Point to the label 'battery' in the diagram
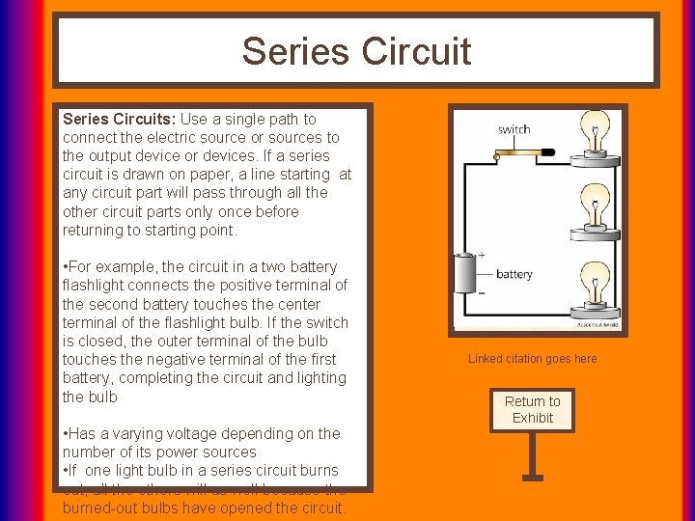pyautogui.click(x=514, y=274)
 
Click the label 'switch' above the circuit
pyautogui.click(x=514, y=129)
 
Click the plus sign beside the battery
pyautogui.click(x=482, y=256)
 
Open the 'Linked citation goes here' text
pyautogui.click(x=533, y=359)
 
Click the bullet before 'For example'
pyautogui.click(x=66, y=267)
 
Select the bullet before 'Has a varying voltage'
pyautogui.click(x=66, y=434)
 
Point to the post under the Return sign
pyautogui.click(x=532, y=453)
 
